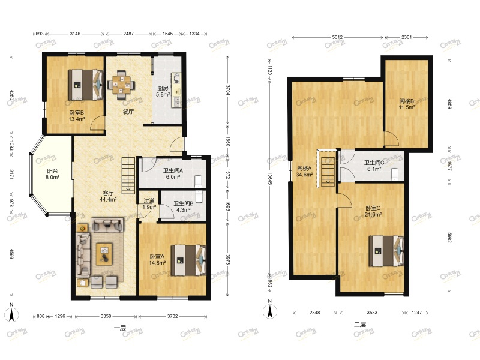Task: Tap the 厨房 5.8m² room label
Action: tap(163, 91)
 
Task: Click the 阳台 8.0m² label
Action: tap(52, 174)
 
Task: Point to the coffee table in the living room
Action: tap(104, 254)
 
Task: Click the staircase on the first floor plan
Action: tap(128, 175)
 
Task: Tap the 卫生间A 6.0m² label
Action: tap(173, 173)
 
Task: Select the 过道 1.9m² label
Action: tap(149, 204)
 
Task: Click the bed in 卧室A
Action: tap(188, 260)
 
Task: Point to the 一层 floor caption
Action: tap(120, 328)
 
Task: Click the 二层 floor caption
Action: tap(360, 325)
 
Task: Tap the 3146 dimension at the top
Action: tap(75, 34)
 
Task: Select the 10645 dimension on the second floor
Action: tap(269, 178)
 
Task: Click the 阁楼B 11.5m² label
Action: tap(407, 104)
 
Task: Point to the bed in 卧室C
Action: tap(386, 251)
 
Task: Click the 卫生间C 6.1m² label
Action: tap(374, 166)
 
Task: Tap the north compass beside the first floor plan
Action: tap(11, 313)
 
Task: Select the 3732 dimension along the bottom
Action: tap(172, 316)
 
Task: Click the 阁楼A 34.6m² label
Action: tap(304, 172)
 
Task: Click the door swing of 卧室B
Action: tap(97, 122)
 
